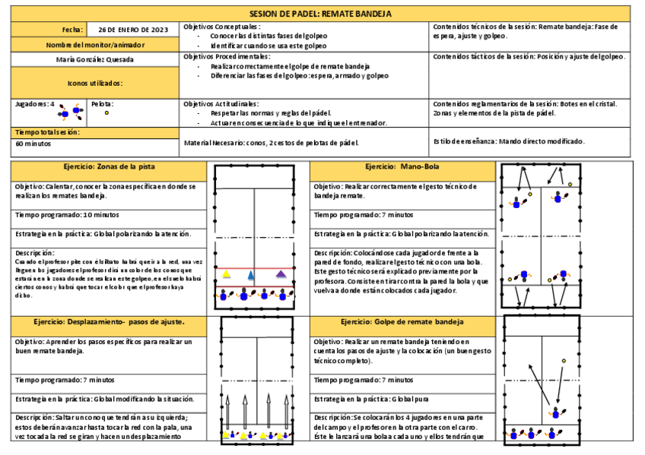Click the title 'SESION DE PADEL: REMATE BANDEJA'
[321, 14]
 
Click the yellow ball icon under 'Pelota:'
[106, 112]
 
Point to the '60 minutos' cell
[33, 143]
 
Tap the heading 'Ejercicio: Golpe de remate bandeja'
[402, 323]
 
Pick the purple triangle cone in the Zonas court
[281, 273]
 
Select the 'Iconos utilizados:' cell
[95, 83]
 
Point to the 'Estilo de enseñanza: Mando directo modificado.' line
[509, 141]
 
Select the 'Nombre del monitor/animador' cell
[95, 44]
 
